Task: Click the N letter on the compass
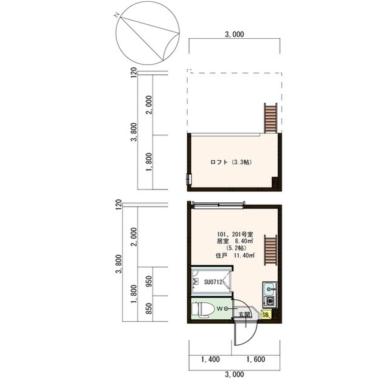[116, 15]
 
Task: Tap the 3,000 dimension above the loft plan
[235, 34]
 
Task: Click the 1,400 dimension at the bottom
[210, 359]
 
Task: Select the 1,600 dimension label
[256, 359]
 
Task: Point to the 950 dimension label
[149, 281]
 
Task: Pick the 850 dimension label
[149, 308]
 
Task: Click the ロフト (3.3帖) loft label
[231, 162]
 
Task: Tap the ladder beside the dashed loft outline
[270, 118]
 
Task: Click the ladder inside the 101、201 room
[270, 250]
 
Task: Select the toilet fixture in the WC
[203, 310]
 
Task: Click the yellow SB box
[266, 315]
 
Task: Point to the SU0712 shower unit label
[213, 282]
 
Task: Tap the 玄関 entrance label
[244, 315]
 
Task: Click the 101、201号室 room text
[235, 234]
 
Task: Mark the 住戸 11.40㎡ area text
[235, 256]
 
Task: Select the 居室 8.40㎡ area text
[235, 241]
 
